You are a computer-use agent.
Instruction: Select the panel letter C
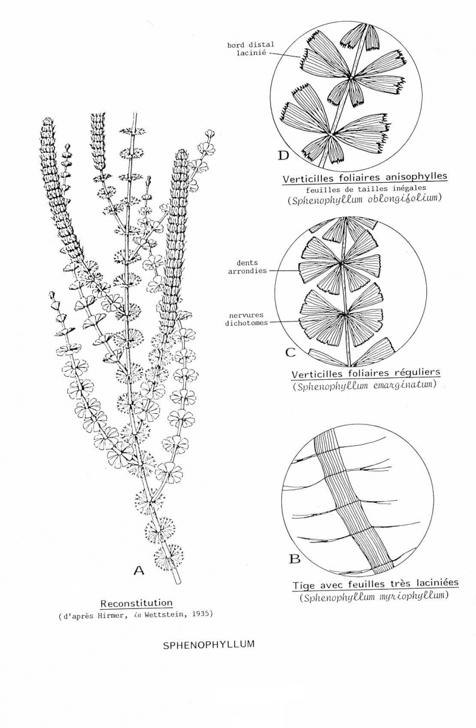[x=290, y=352]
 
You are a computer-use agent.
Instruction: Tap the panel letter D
[x=284, y=156]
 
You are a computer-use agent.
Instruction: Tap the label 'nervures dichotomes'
[x=246, y=319]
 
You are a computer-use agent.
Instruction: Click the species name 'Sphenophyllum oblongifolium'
[x=364, y=198]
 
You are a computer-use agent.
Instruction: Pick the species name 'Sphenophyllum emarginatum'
[x=364, y=385]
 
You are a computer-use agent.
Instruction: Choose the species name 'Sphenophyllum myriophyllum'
[x=375, y=596]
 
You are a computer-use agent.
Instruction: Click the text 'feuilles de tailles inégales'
[x=366, y=188]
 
